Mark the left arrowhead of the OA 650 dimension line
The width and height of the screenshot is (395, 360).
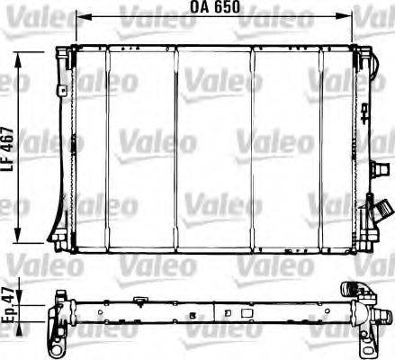click(80, 16)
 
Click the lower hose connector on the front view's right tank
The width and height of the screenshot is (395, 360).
click(369, 219)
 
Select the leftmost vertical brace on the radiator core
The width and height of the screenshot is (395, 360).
click(107, 148)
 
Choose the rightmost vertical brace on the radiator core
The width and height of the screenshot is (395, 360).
click(320, 148)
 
